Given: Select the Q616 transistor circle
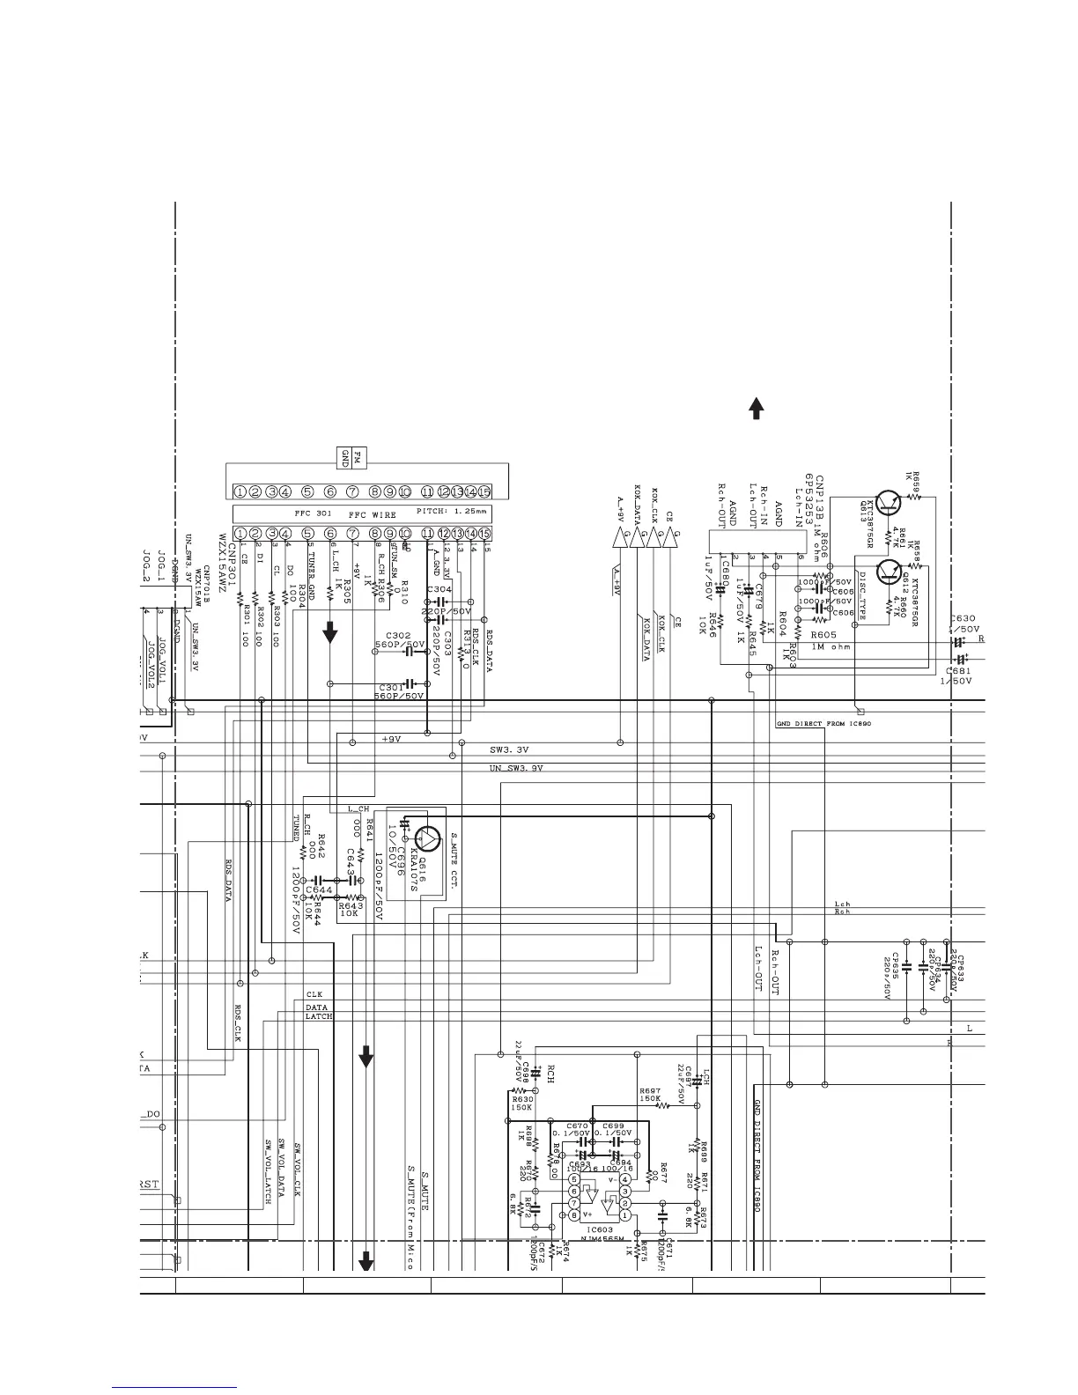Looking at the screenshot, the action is (x=429, y=837).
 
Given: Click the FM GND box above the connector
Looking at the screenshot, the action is (x=352, y=457).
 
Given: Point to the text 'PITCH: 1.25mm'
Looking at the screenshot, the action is (x=450, y=512).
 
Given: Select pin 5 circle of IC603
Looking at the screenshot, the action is (x=574, y=1179).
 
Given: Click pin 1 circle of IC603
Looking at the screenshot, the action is (x=624, y=1215).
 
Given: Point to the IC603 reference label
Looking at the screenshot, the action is (x=599, y=1229).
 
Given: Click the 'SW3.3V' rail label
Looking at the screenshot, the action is (x=509, y=750).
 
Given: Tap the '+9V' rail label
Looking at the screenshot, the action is (x=391, y=740).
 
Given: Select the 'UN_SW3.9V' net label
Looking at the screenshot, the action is (x=516, y=769).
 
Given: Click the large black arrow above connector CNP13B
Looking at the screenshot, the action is (x=756, y=408).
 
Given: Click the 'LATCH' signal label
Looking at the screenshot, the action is (x=319, y=1016).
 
